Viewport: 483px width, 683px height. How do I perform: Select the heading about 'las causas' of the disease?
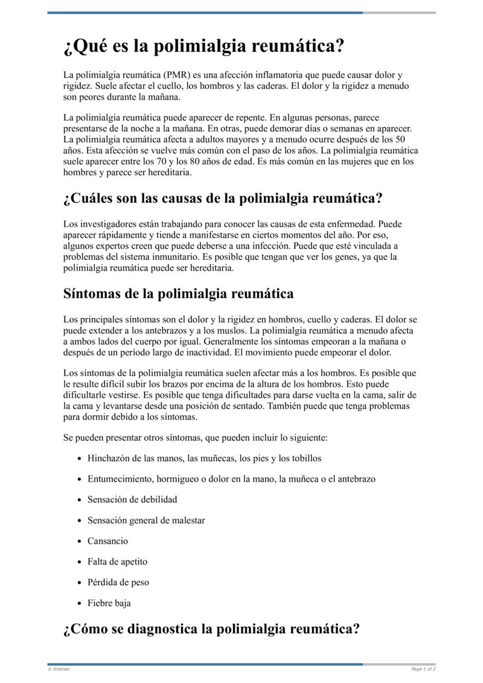(223, 198)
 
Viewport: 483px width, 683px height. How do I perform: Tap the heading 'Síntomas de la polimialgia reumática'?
(178, 294)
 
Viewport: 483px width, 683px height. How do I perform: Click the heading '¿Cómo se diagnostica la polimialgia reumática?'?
(211, 629)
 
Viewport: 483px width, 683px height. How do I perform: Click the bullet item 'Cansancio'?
(107, 541)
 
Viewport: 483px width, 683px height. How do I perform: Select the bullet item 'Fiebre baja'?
(109, 603)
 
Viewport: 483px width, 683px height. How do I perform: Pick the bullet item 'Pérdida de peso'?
(118, 582)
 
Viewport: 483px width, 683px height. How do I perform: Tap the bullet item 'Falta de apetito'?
(117, 562)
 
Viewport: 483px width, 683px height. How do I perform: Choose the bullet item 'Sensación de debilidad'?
(132, 499)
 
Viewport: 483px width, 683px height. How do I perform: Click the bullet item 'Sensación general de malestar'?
(146, 520)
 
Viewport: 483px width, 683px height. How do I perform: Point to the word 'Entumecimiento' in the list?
(120, 479)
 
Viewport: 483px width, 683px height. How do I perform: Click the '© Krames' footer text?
(59, 669)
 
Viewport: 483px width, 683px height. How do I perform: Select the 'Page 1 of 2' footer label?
(423, 669)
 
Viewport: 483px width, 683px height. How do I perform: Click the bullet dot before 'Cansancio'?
(79, 542)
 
